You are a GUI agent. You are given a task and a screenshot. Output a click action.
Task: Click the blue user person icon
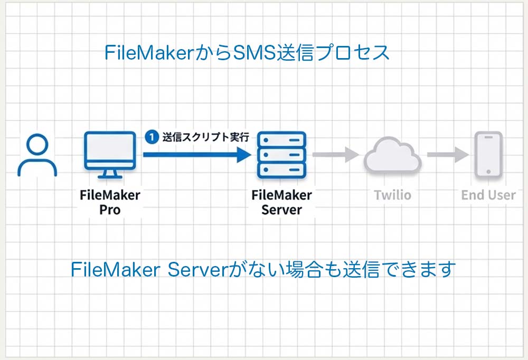(37, 155)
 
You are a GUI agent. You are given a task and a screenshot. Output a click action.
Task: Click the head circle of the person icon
(37, 144)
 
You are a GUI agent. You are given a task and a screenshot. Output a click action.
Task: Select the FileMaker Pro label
(110, 202)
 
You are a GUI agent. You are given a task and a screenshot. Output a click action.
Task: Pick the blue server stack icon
(281, 155)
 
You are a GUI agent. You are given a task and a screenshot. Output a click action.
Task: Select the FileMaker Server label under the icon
(281, 202)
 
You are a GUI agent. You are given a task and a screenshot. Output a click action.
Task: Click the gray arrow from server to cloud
(335, 155)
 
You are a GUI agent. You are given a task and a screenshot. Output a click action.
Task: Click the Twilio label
(392, 195)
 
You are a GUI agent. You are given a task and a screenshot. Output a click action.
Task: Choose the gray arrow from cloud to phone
(448, 155)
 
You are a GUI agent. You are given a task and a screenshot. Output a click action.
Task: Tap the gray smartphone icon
(488, 154)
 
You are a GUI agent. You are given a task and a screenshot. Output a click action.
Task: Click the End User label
(488, 195)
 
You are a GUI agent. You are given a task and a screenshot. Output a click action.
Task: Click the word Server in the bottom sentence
(195, 270)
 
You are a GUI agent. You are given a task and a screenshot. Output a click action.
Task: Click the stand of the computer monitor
(110, 173)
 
